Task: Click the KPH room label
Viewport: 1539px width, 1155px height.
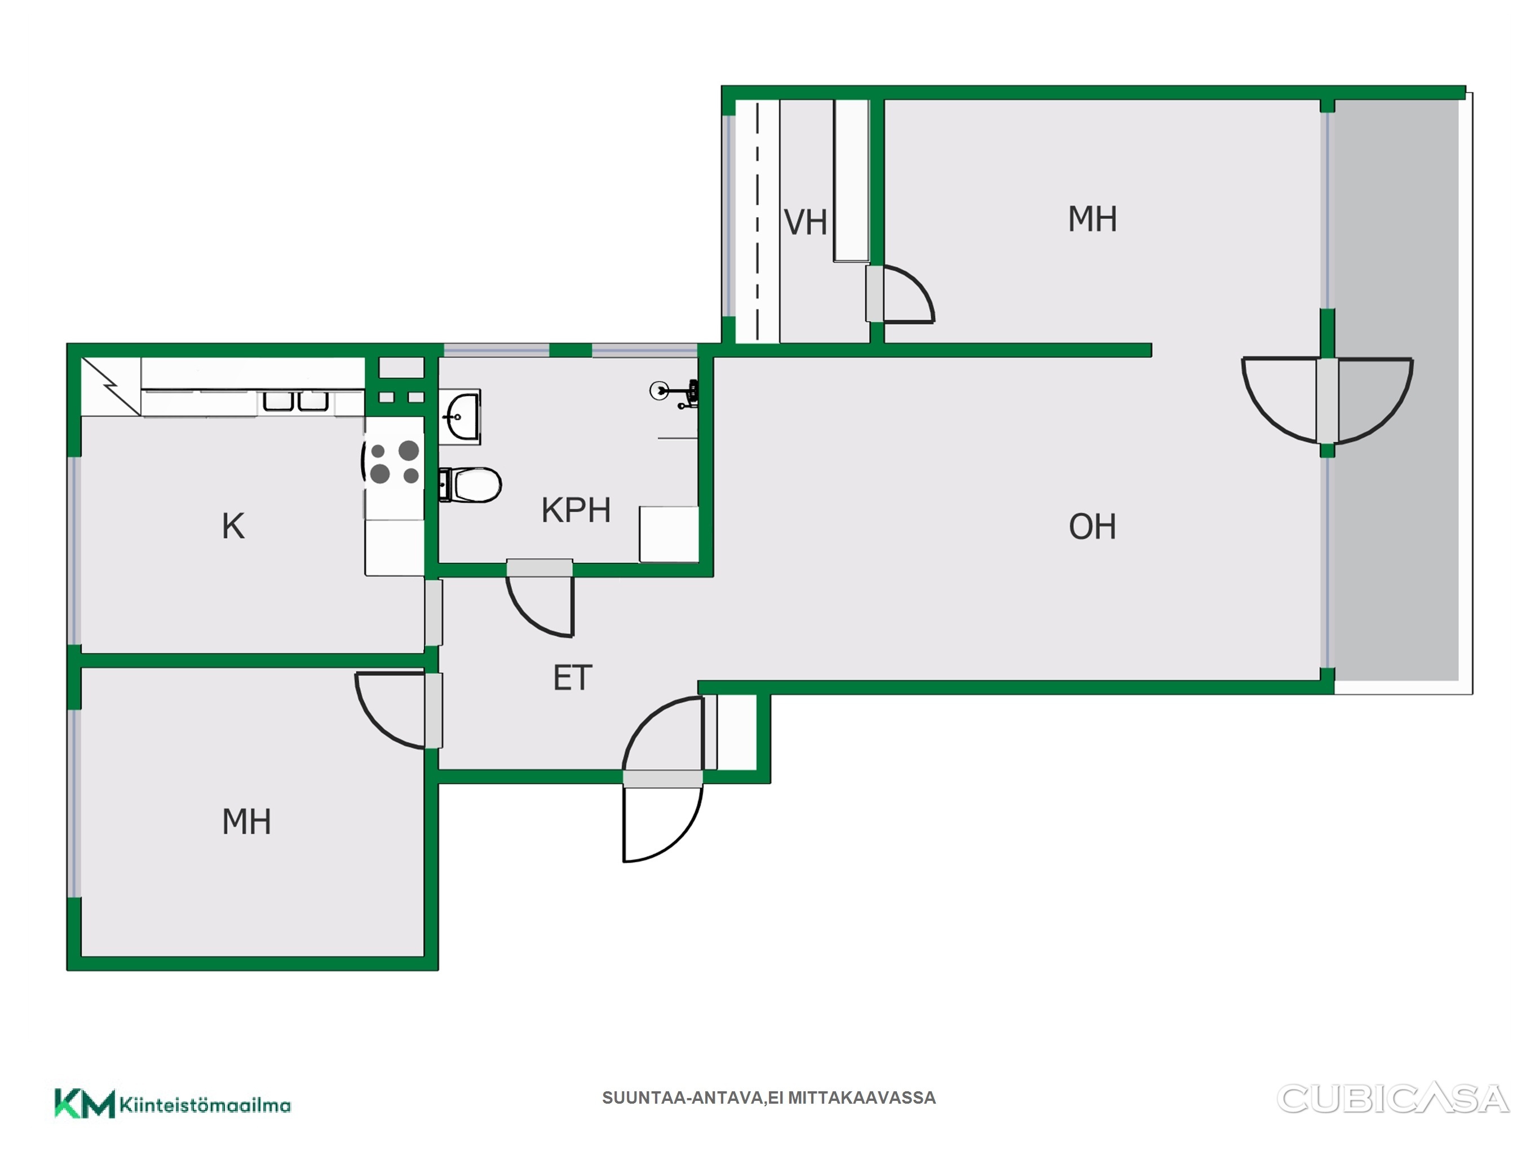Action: click(576, 510)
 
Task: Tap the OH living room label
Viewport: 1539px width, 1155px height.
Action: click(1093, 527)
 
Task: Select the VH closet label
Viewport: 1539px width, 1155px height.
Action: click(806, 223)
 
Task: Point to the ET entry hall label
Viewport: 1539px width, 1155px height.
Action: click(573, 678)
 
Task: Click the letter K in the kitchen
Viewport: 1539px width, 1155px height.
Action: click(233, 526)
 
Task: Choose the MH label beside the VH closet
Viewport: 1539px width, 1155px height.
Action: click(1093, 219)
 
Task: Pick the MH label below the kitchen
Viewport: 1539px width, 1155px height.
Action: click(246, 822)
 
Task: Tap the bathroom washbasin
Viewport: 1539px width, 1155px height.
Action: click(460, 416)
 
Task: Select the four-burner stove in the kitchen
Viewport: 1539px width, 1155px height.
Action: click(394, 462)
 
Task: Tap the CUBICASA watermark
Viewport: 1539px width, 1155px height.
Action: click(1393, 1099)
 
